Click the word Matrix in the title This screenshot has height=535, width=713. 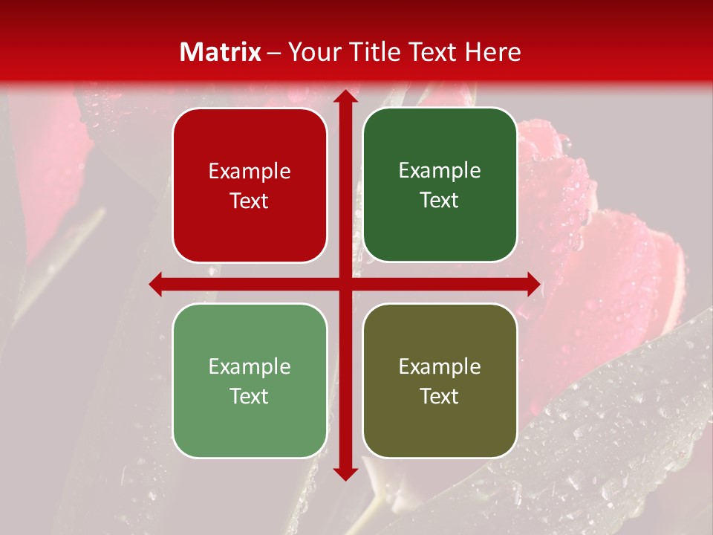click(221, 52)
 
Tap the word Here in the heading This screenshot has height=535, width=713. click(492, 52)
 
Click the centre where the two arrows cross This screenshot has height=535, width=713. click(345, 284)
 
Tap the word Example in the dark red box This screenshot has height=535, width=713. click(250, 172)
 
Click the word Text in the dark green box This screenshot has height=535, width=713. click(440, 201)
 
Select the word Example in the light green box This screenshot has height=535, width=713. click(250, 367)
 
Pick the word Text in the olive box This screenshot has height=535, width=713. click(440, 396)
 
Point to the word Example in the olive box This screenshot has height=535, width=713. click(440, 367)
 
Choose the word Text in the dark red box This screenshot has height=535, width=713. click(250, 201)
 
